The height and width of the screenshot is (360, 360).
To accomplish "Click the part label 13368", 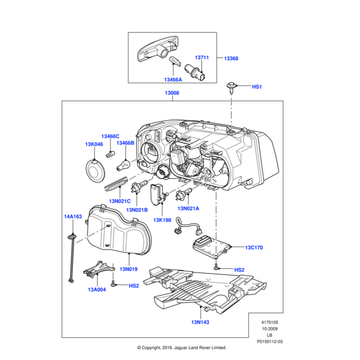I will coord(231,58).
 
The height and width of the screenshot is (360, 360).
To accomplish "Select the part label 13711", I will coord(201,58).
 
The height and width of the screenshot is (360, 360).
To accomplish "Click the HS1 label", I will coord(257,87).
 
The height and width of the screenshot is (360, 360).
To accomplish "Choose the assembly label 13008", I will coord(172,94).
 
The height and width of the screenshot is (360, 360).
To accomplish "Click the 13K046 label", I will coord(94,145).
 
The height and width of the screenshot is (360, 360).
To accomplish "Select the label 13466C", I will coord(110,136).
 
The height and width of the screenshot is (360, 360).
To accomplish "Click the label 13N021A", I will coord(188,208).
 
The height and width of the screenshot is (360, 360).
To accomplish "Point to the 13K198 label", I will coord(162,220).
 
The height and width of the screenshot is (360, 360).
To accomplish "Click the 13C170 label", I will coord(254,247).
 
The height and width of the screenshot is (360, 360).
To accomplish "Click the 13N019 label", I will coord(129,270).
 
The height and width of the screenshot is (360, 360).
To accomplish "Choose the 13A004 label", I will coord(97,290).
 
